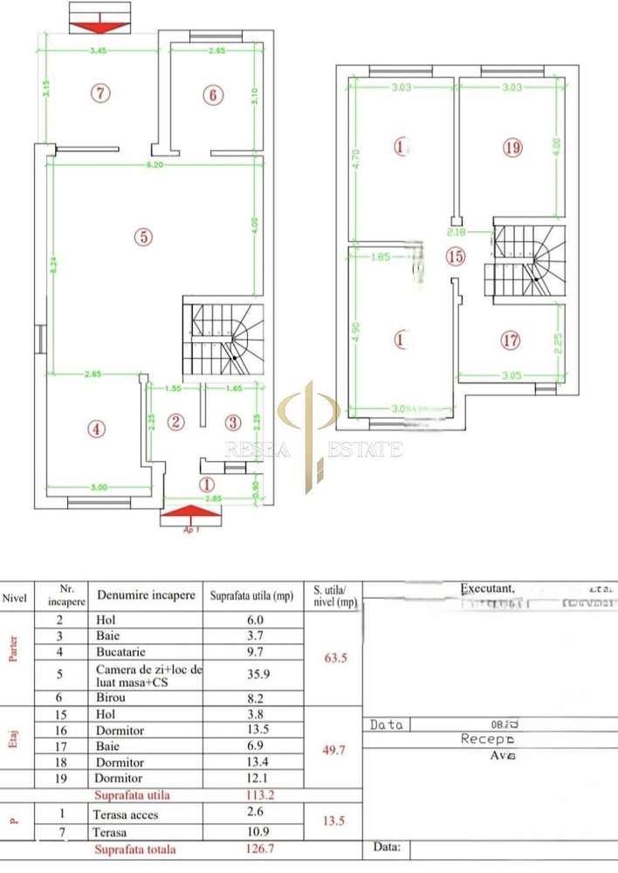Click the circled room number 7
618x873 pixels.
coord(102,92)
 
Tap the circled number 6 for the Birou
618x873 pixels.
coord(213,94)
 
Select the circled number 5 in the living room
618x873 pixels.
coord(143,236)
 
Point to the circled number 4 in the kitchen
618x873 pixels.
coord(96,428)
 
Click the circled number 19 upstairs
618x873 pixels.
coord(512,148)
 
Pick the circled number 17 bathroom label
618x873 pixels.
coord(511,340)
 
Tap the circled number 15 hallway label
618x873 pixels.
coord(454,256)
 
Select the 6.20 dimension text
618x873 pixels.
coord(154,164)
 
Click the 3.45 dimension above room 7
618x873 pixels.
coord(98,51)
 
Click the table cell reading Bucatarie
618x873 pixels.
coord(120,651)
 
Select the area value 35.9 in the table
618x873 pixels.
coord(251,674)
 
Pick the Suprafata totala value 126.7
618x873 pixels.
coord(251,849)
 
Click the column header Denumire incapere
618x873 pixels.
coord(146,595)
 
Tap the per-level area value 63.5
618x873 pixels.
coord(331,658)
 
